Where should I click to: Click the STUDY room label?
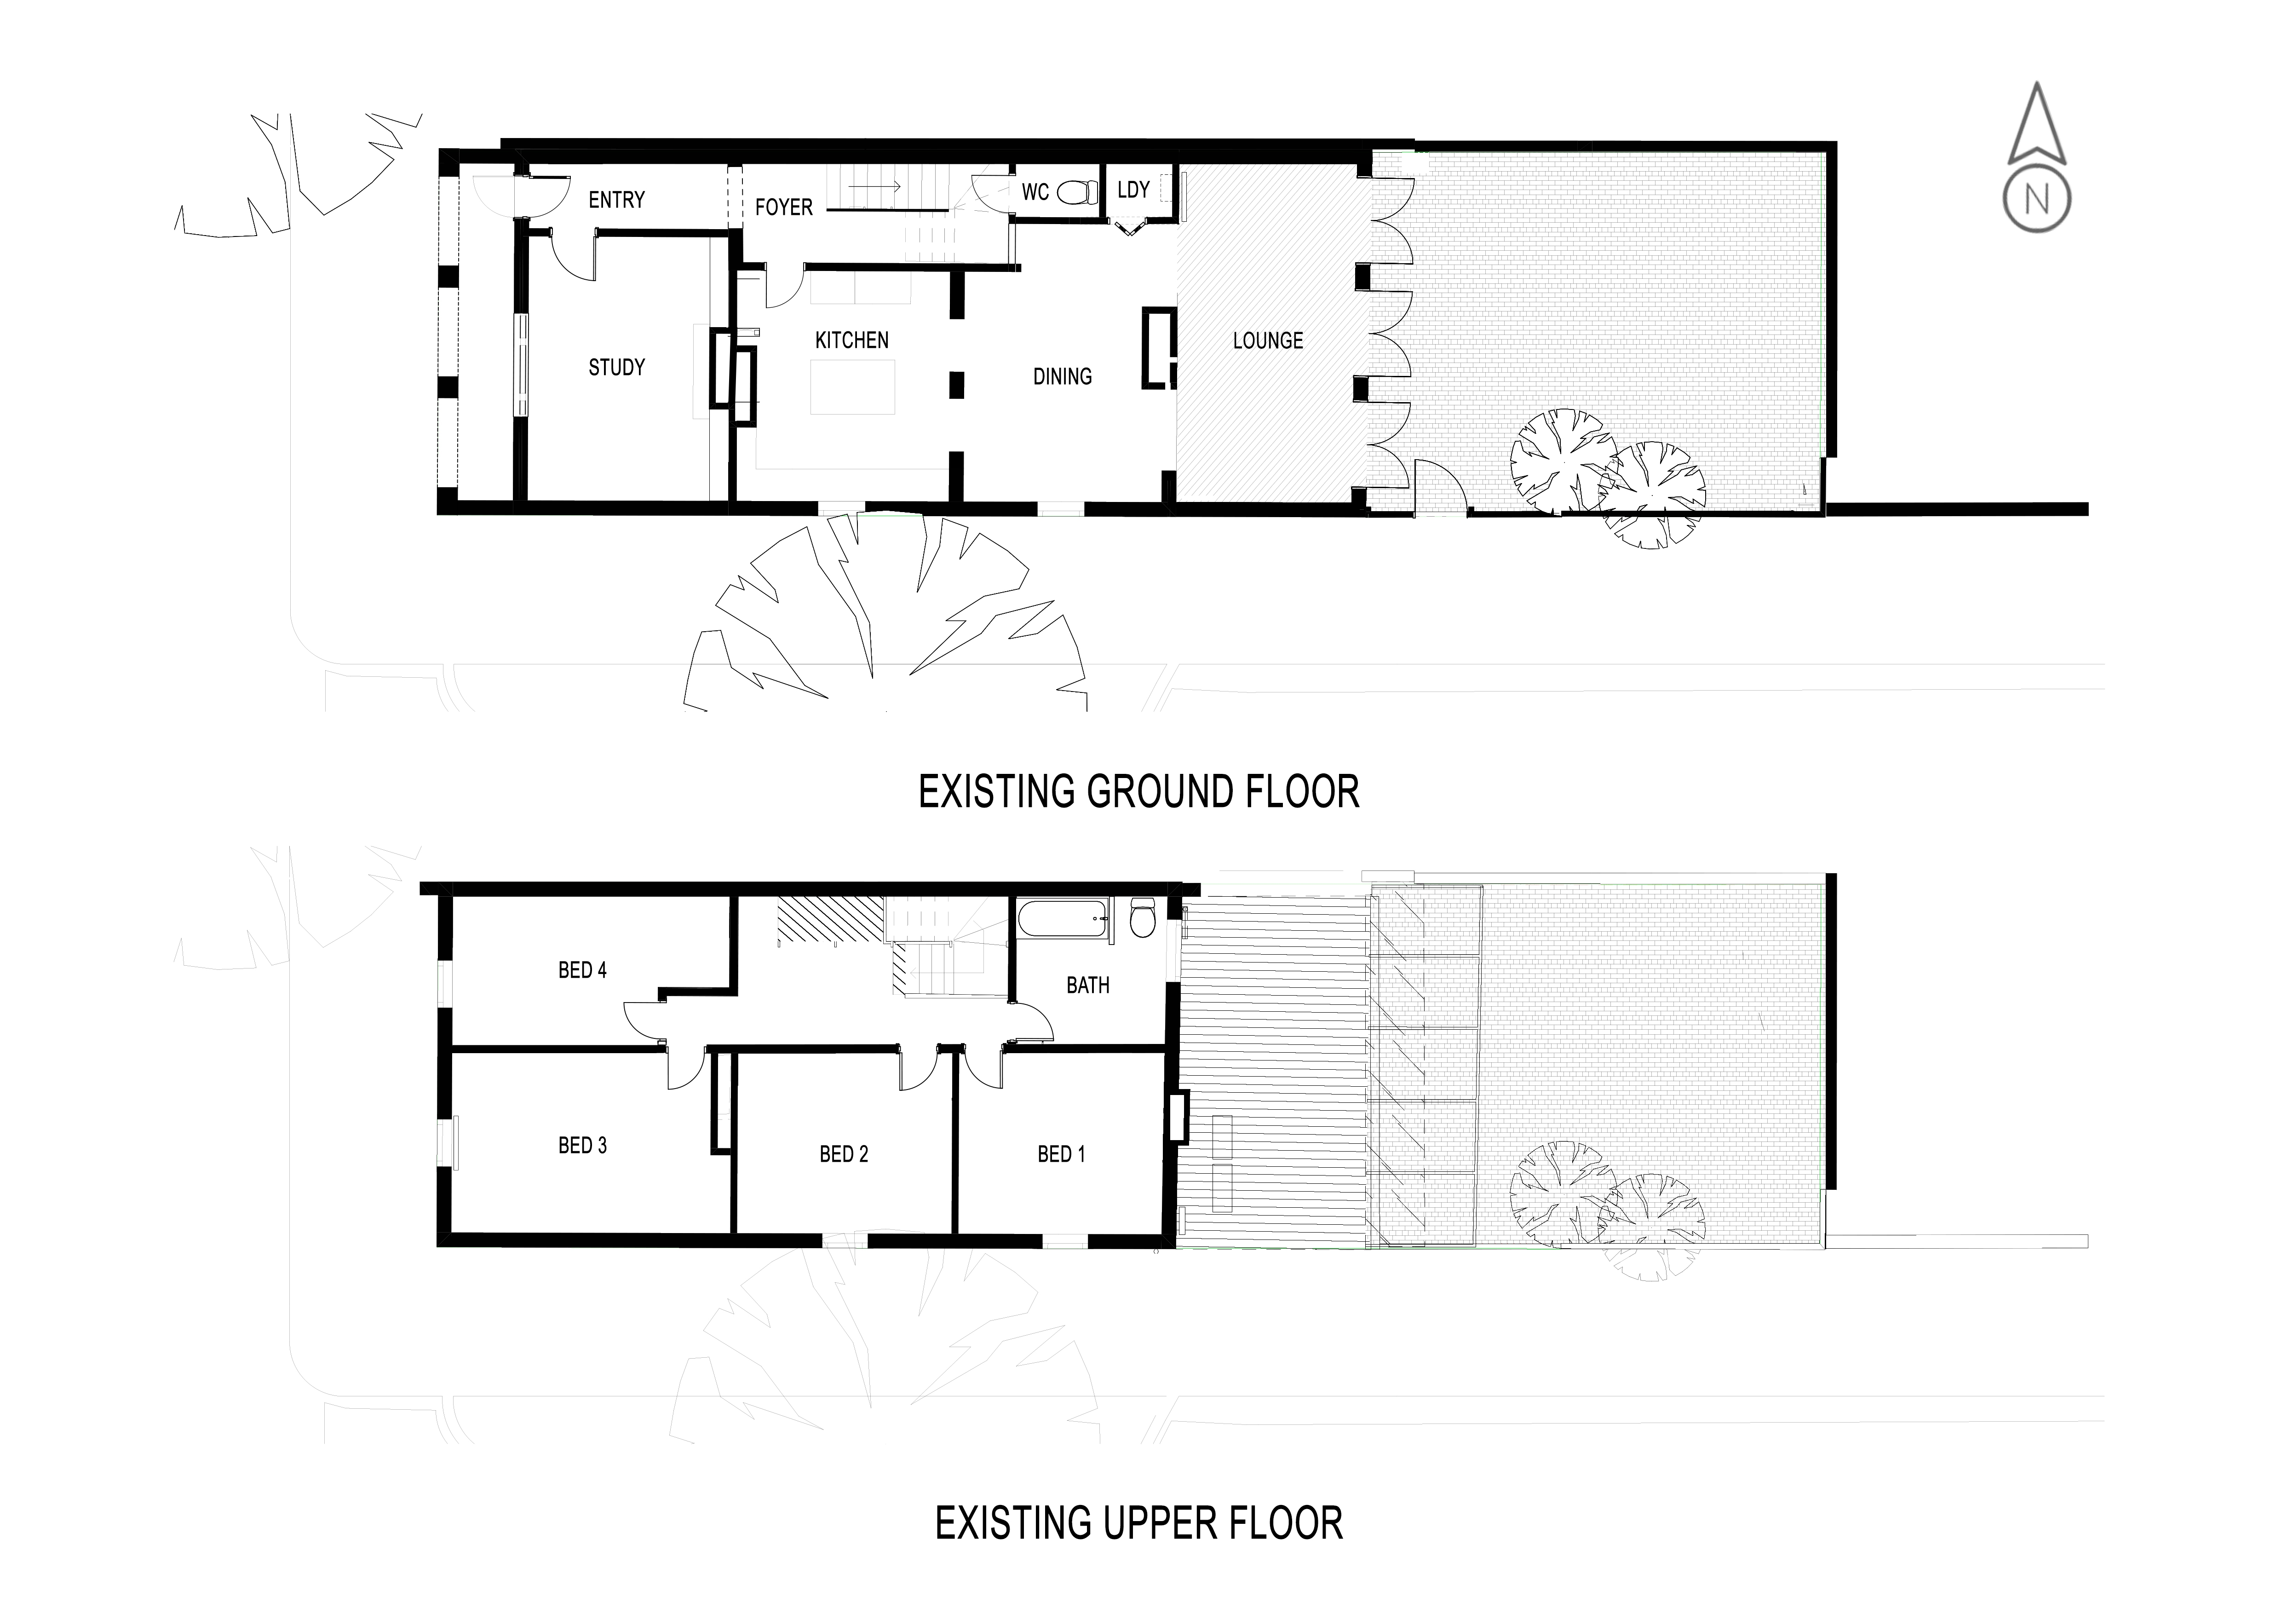pyautogui.click(x=616, y=368)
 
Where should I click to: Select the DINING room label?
pyautogui.click(x=1063, y=377)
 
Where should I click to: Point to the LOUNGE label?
pyautogui.click(x=1267, y=341)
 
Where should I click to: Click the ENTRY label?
pyautogui.click(x=616, y=200)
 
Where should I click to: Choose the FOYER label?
pyautogui.click(x=783, y=207)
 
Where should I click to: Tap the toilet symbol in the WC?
pyautogui.click(x=1076, y=191)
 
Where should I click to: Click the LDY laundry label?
pyautogui.click(x=1133, y=189)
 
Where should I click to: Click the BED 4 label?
pyautogui.click(x=582, y=970)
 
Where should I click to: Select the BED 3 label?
pyautogui.click(x=582, y=1145)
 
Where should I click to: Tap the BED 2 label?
pyautogui.click(x=844, y=1154)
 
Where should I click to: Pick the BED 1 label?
pyautogui.click(x=1062, y=1154)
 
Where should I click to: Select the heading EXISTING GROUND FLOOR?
pyautogui.click(x=1138, y=792)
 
